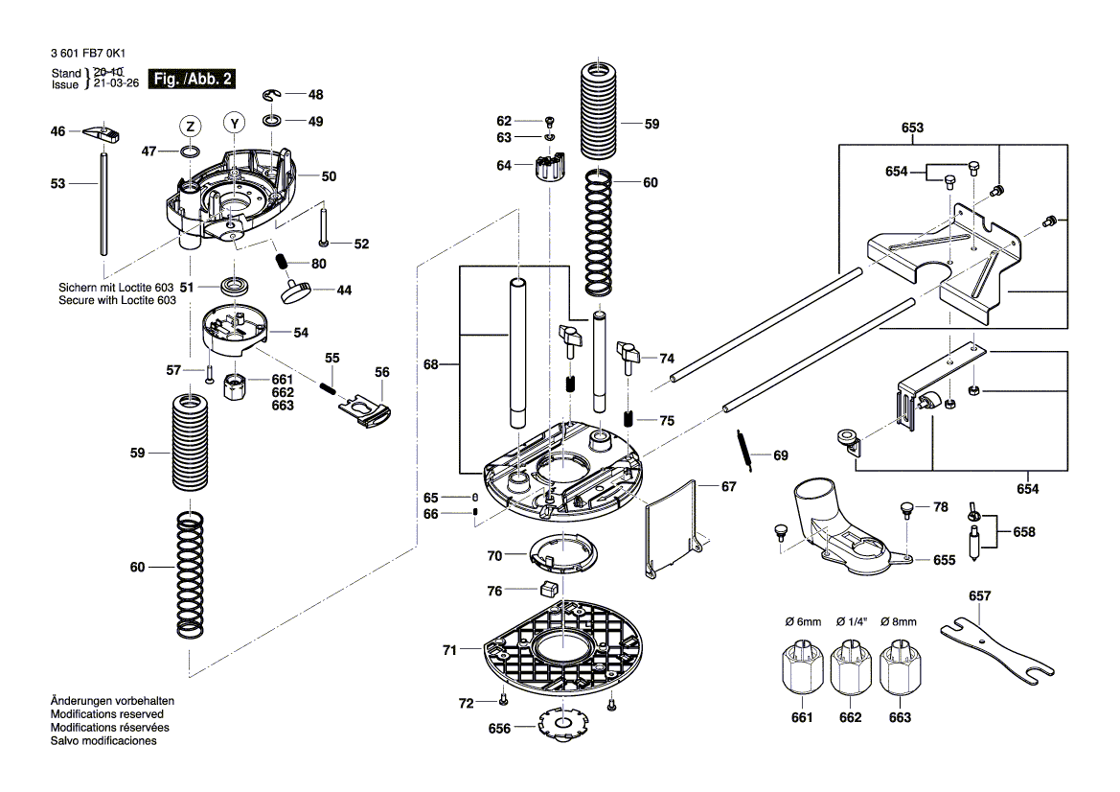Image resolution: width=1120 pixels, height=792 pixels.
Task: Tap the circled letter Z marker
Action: click(x=191, y=127)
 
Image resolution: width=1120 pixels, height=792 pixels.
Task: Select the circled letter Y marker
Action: click(x=234, y=123)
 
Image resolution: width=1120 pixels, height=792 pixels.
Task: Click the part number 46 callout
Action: click(x=58, y=131)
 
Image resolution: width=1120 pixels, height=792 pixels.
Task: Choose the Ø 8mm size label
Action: click(x=899, y=621)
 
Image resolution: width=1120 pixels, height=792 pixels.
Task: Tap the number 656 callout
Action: click(x=499, y=728)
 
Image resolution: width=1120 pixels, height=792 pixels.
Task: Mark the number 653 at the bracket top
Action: click(x=912, y=128)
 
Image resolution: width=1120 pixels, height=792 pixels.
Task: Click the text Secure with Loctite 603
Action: click(x=118, y=300)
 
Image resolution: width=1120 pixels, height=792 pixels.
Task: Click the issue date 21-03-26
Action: click(x=116, y=83)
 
